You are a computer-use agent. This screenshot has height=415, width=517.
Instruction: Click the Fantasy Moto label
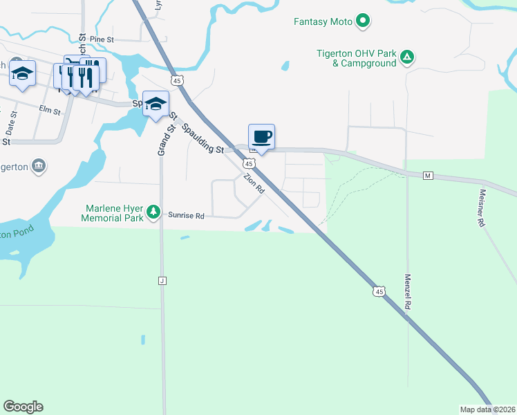click(323, 22)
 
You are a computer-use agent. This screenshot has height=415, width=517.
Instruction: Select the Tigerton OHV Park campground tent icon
click(408, 57)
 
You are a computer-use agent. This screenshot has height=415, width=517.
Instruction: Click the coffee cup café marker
click(261, 136)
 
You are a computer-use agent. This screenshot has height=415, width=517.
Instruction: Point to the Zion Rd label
click(254, 183)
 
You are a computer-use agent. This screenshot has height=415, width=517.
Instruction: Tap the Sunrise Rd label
click(187, 216)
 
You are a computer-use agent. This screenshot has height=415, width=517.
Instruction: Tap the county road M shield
click(428, 176)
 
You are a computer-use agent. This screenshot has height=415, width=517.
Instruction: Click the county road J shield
click(163, 280)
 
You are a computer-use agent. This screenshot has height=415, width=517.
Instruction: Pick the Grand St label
click(164, 134)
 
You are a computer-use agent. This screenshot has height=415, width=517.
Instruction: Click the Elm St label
click(50, 111)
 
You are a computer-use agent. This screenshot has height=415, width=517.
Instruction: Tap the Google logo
click(23, 407)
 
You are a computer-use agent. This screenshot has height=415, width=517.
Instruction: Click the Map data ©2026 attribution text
click(487, 409)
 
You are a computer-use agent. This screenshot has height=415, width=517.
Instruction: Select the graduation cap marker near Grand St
click(156, 104)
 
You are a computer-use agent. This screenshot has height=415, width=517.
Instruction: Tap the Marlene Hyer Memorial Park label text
click(114, 212)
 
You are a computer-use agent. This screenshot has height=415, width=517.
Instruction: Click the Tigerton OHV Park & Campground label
click(357, 57)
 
